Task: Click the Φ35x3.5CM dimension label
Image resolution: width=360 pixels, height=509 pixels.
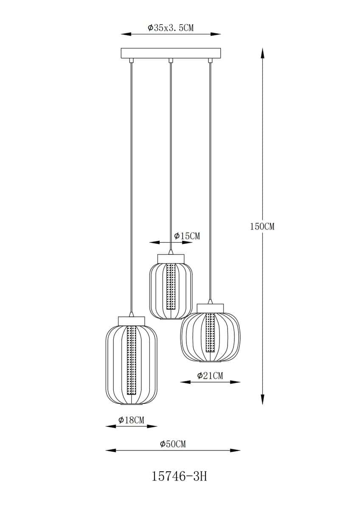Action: coord(171,28)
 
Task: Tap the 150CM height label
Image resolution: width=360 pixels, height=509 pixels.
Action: coord(262,227)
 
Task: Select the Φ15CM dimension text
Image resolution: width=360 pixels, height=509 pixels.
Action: coord(187,236)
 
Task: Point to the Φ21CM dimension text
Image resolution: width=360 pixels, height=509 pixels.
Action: coord(210,375)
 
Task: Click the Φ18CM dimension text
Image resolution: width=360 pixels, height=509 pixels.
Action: coord(131,420)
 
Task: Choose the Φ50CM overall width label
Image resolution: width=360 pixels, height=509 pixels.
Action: coord(173,444)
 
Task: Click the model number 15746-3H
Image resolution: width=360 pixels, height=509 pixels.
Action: coord(179,477)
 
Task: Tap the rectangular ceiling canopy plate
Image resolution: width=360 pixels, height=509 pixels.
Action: coord(171,53)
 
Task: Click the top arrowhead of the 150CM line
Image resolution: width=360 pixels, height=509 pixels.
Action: coord(262,53)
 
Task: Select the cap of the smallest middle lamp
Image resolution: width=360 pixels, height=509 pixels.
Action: coord(171,258)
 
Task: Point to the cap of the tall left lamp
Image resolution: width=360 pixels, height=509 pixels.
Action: coord(131,321)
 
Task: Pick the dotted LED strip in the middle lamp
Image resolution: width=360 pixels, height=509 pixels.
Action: coord(171,286)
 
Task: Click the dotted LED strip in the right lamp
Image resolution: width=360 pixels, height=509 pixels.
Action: coord(210,333)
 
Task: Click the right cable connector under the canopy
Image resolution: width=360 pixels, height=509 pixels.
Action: coord(210,61)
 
